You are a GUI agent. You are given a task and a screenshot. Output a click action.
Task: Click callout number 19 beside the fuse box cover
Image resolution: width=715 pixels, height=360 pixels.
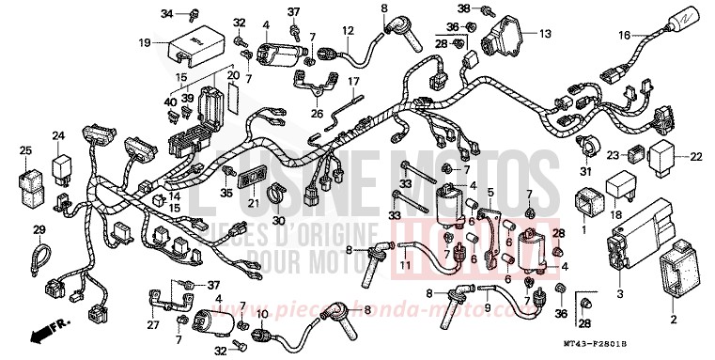point(145,43)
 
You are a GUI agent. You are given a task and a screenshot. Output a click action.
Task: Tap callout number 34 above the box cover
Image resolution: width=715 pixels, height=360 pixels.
point(167,13)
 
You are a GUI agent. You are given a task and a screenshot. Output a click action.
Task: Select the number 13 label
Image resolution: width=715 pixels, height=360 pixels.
point(544,34)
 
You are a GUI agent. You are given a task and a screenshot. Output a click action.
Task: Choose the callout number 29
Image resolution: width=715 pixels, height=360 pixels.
point(39,230)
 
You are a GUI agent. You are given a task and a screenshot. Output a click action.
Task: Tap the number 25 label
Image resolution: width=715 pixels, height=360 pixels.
point(24,149)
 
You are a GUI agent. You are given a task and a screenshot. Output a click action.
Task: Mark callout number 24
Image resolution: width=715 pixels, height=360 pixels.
point(58,137)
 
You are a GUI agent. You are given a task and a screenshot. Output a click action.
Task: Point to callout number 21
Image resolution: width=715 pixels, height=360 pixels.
point(253,204)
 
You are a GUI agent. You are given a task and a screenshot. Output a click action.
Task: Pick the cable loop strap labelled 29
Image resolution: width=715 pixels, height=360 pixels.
point(40,256)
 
